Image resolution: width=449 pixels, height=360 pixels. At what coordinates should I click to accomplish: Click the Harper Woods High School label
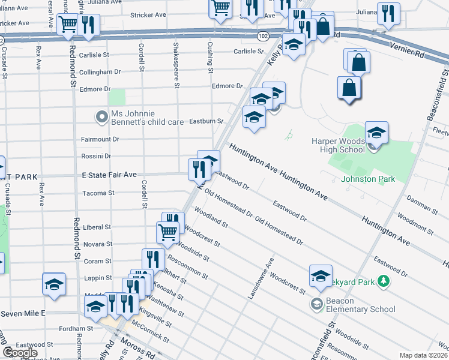[x=337, y=145]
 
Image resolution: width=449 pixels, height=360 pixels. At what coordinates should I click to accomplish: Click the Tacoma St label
[x=98, y=193]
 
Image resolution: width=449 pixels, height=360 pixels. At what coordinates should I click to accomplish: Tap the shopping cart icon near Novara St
[x=167, y=232]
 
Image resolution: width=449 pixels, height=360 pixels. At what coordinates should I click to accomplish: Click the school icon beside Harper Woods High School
[x=376, y=133]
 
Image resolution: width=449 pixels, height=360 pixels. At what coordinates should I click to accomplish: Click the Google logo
[x=20, y=353]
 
